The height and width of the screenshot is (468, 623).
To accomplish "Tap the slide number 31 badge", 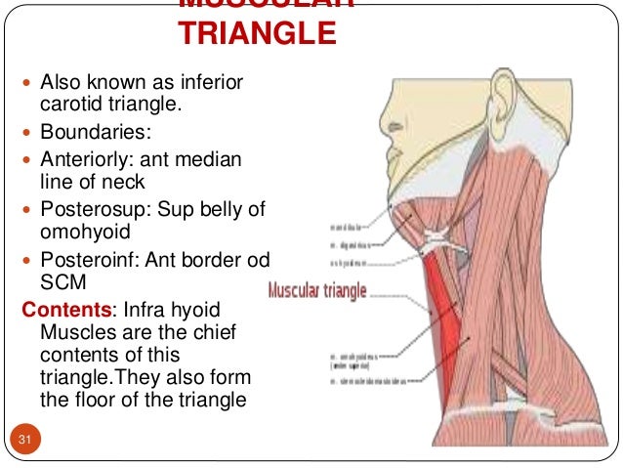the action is [25, 444].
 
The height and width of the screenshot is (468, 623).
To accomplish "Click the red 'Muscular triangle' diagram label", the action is [318, 290].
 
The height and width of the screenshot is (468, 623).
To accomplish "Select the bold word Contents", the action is [66, 311].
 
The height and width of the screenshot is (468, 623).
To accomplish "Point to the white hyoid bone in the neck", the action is [436, 235].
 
